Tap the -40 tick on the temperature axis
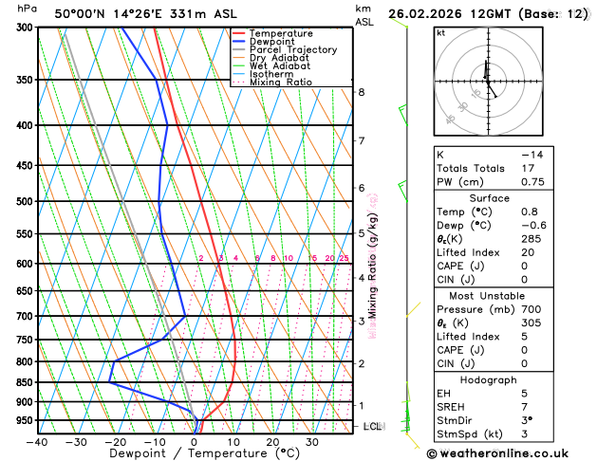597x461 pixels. (37, 442)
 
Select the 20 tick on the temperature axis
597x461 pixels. (272, 442)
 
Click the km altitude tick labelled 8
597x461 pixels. (362, 92)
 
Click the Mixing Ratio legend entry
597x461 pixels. (278, 83)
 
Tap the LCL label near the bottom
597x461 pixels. (372, 427)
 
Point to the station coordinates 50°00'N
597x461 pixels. (81, 14)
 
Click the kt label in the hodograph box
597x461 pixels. (440, 32)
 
